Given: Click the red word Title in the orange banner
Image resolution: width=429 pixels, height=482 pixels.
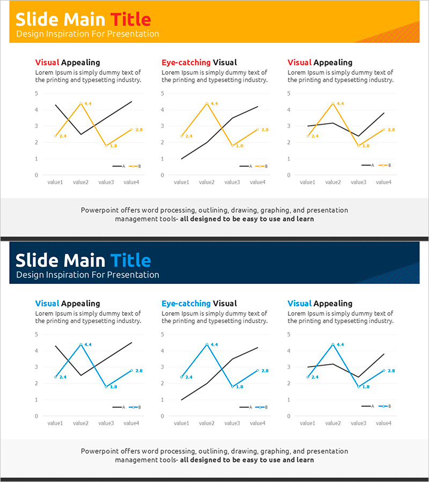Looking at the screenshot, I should (x=131, y=20).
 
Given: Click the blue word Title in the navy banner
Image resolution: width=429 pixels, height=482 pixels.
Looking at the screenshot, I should (x=131, y=261).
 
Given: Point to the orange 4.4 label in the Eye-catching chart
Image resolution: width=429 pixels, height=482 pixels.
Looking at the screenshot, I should (x=214, y=103).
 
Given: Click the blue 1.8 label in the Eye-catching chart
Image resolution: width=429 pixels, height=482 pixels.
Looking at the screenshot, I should (x=239, y=387).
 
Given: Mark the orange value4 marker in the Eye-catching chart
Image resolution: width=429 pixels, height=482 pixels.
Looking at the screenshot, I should (x=257, y=130).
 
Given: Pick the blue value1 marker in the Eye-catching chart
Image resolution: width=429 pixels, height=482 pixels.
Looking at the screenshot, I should (x=181, y=377).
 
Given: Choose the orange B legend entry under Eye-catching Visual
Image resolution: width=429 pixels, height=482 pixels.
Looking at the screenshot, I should (x=261, y=166).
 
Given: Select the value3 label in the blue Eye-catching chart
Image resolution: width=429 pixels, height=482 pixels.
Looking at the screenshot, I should (x=232, y=423).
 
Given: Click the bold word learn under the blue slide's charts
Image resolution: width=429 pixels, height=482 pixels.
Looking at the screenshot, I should (x=305, y=460).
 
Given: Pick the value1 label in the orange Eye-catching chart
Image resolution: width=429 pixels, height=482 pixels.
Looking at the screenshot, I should (x=181, y=182).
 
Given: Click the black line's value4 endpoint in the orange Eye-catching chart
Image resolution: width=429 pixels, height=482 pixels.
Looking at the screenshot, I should (x=257, y=107).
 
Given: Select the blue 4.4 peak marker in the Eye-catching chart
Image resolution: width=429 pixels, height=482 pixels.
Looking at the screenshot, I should (x=207, y=344).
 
